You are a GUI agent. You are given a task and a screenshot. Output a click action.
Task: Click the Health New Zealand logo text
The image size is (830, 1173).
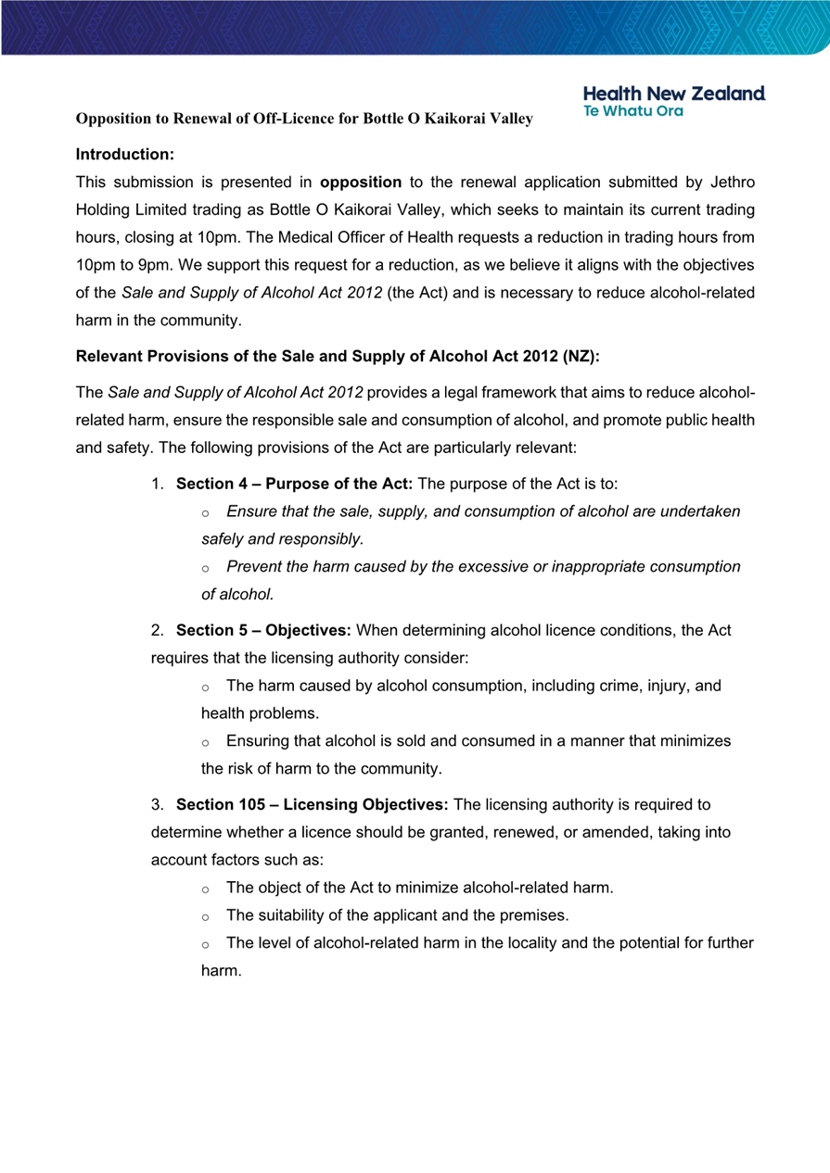point(674,94)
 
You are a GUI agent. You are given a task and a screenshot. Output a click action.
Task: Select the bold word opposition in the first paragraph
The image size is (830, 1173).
point(360,183)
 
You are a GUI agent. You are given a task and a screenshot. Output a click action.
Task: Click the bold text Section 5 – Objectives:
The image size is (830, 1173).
point(263,631)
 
